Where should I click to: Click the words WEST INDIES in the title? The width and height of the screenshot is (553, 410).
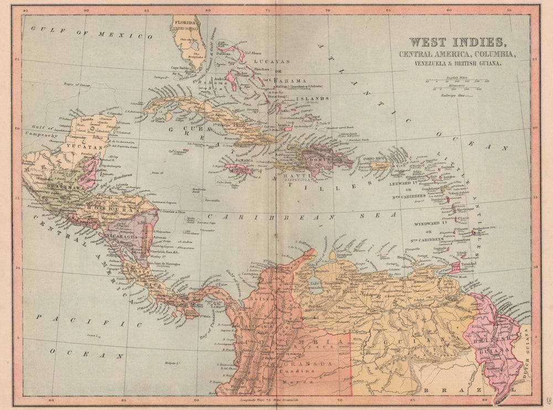(x=456, y=42)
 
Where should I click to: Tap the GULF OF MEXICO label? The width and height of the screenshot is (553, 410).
(x=91, y=33)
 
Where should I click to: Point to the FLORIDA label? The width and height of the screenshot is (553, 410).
(x=186, y=23)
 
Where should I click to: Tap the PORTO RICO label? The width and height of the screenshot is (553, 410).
(x=375, y=159)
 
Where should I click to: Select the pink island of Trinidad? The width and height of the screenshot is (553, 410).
(x=455, y=267)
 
